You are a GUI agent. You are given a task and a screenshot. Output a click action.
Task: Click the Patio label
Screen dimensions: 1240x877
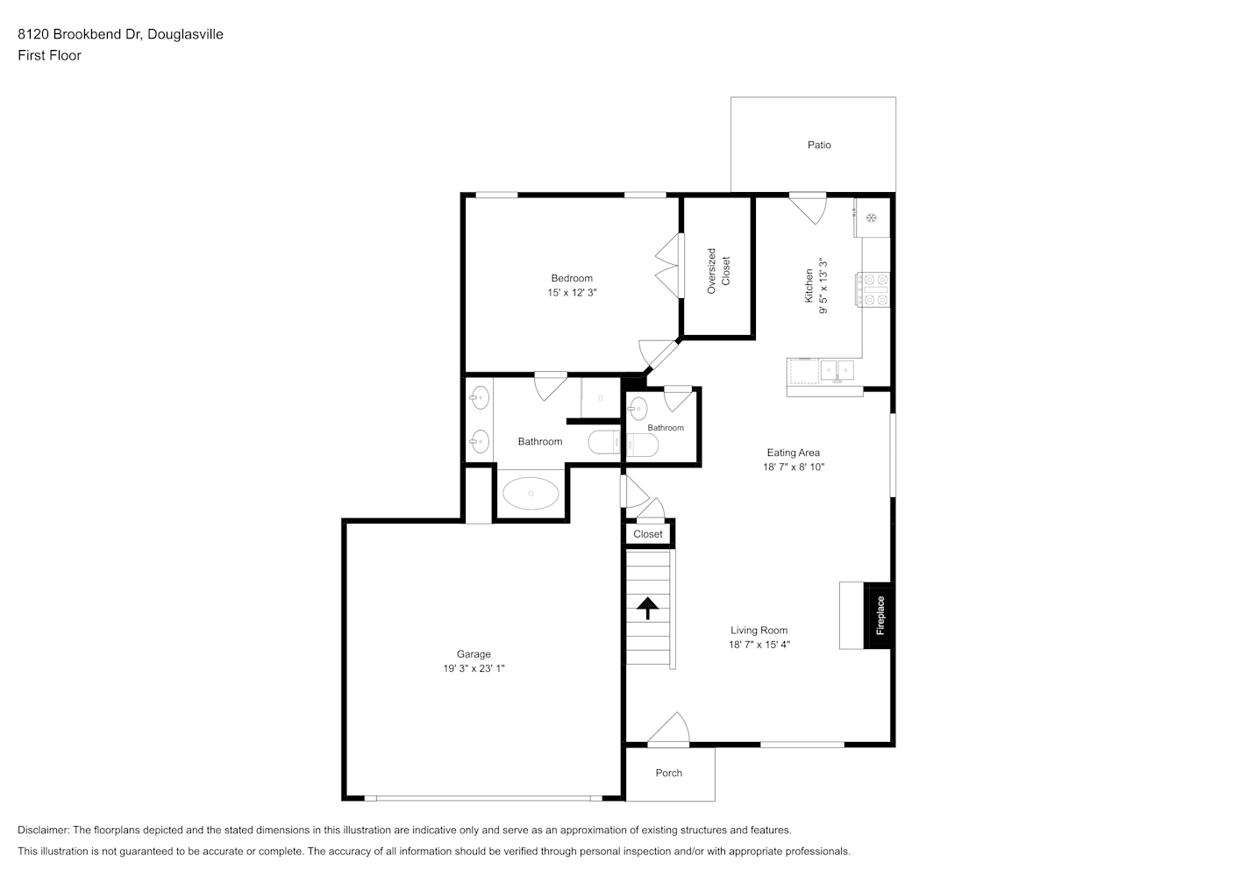point(819,145)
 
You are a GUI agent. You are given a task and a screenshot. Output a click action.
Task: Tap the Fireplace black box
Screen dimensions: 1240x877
point(879,615)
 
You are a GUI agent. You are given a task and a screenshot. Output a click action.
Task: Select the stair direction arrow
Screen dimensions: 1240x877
point(647,608)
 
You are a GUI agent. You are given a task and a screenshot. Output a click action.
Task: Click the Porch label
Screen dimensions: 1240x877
point(669,773)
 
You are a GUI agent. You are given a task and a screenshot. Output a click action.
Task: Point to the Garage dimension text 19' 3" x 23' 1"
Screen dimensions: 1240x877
point(474,668)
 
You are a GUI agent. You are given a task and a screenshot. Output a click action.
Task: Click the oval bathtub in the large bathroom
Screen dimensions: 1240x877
point(531,493)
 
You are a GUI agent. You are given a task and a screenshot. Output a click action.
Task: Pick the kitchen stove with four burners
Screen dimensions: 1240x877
point(873,289)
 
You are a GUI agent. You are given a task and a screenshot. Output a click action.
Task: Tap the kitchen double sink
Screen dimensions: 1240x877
point(837,370)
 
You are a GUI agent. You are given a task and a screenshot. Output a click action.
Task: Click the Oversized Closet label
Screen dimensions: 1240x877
point(718,271)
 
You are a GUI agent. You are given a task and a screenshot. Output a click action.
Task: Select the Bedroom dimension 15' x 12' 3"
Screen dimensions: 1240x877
point(572,292)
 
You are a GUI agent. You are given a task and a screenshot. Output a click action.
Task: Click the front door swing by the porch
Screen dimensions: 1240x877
point(669,729)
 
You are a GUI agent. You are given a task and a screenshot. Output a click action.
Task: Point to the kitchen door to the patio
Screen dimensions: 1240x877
point(809,209)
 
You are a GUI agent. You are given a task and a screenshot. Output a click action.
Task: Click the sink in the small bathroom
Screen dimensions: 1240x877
point(638,409)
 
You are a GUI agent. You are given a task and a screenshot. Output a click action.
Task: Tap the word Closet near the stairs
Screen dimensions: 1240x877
point(648,534)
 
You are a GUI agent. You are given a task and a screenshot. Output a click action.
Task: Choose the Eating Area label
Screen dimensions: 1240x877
point(794,453)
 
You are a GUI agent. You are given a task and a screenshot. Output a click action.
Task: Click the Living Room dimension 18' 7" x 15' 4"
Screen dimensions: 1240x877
point(759,645)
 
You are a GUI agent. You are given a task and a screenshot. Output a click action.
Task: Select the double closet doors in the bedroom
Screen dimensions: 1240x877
point(669,266)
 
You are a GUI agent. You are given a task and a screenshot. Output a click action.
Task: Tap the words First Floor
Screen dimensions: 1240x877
point(49,55)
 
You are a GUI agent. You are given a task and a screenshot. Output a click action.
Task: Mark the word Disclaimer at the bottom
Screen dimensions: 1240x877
point(43,830)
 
